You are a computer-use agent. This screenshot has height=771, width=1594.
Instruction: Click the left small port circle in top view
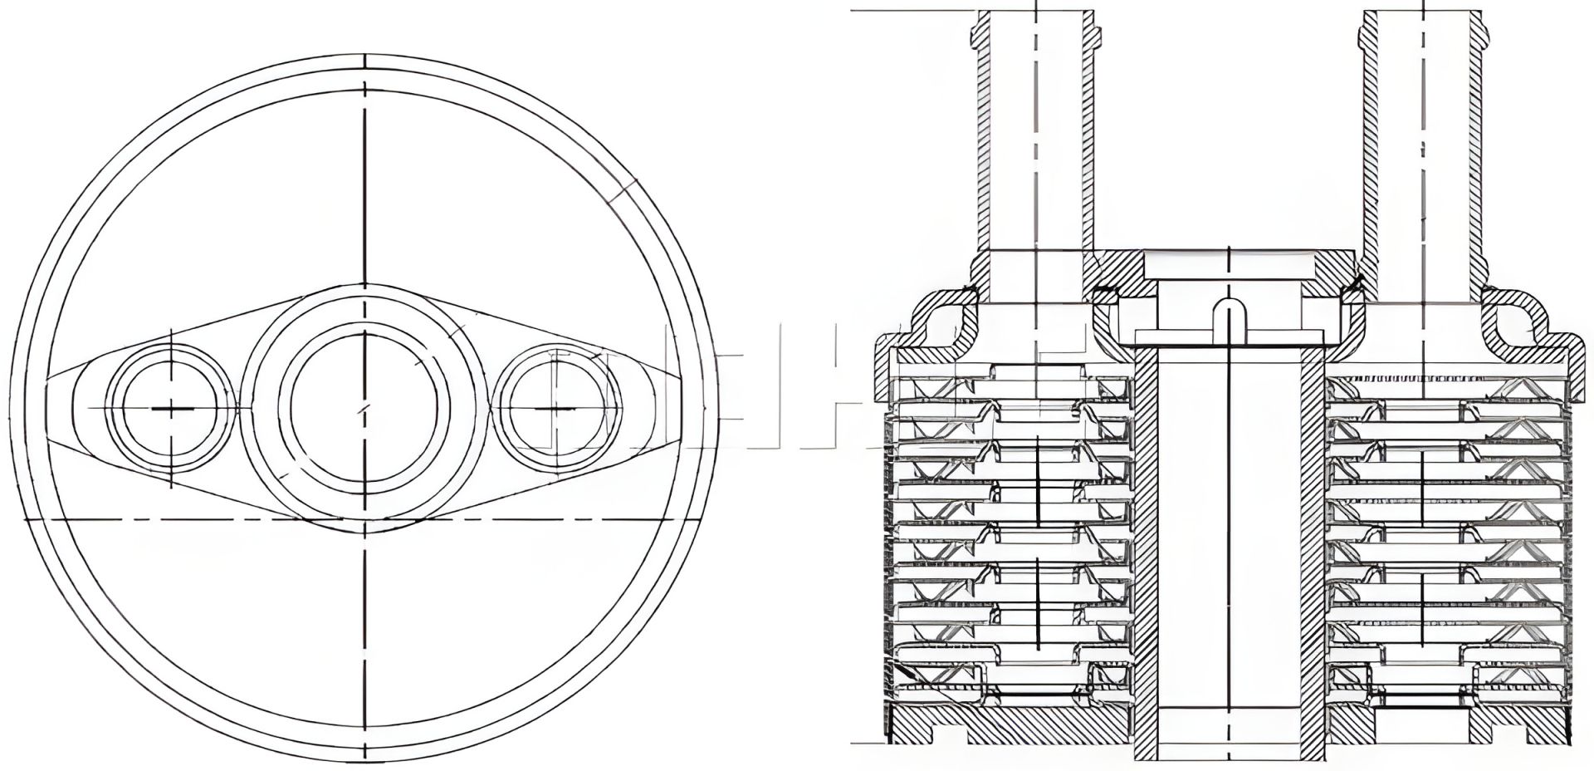[170, 408]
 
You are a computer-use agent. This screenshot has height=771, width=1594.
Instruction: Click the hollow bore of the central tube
[1228, 540]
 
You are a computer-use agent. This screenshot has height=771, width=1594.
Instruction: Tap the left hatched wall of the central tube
[1144, 540]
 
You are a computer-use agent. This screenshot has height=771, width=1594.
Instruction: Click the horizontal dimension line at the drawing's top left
[913, 11]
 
